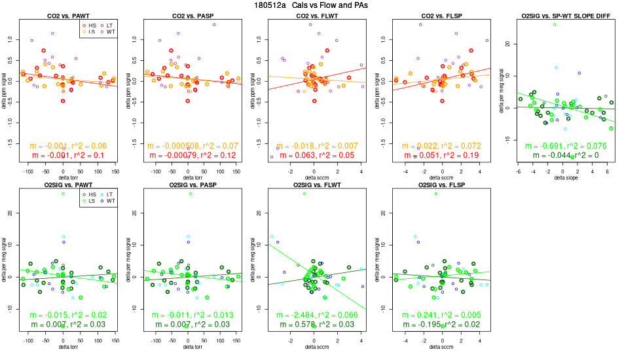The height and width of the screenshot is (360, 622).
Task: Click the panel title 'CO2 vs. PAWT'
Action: tap(64, 14)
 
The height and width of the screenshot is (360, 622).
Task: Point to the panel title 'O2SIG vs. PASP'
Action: tap(189, 185)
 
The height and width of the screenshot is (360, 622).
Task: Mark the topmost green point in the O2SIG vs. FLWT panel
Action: tap(304, 194)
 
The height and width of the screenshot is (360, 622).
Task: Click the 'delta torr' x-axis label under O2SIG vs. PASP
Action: tap(189, 346)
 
